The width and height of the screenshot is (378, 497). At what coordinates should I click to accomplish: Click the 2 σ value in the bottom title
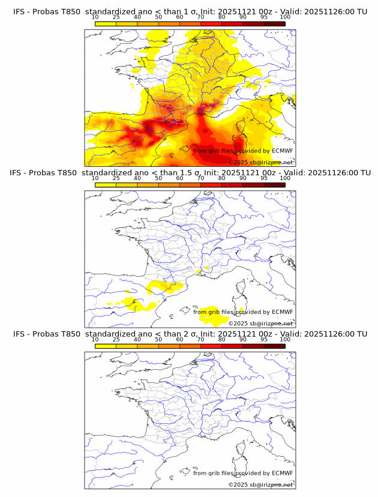182,334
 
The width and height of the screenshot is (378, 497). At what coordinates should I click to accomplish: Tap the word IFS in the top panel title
20,12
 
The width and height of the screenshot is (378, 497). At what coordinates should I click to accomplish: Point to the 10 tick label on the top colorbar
95,17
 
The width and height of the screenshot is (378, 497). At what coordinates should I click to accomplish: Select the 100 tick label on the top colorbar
285,17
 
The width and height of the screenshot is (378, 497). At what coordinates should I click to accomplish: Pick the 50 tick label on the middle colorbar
158,178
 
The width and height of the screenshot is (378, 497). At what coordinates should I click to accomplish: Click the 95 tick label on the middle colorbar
264,178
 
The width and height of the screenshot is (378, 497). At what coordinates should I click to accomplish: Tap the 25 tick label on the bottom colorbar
116,339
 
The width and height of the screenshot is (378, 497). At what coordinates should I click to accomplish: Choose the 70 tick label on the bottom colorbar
200,339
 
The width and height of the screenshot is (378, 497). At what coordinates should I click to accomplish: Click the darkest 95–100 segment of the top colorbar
274,23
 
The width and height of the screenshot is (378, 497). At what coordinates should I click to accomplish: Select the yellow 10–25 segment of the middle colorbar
106,184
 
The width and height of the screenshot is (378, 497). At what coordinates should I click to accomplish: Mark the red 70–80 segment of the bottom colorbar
211,346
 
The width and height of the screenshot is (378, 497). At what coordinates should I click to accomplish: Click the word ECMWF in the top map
282,151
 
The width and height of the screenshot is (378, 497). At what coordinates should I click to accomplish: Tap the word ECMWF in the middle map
282,312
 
